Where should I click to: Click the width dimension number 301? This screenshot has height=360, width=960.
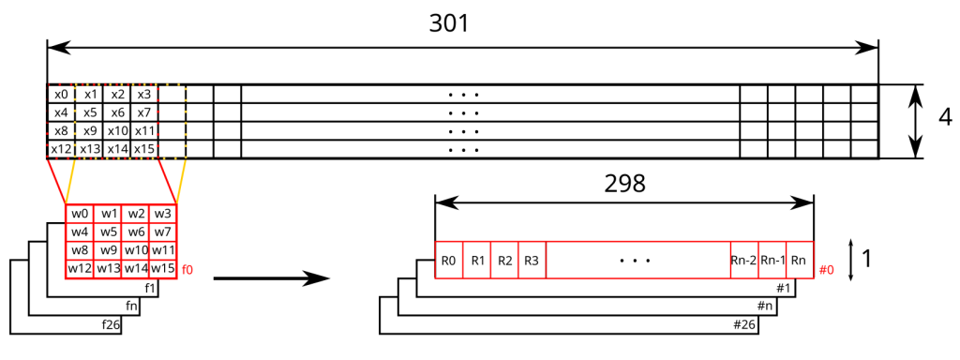[x=449, y=23]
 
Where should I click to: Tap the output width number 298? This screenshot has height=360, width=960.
[x=624, y=183]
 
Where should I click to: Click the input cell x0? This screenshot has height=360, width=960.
[x=60, y=95]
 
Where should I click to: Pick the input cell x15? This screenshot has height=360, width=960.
[x=143, y=149]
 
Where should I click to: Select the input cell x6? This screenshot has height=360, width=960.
[x=116, y=112]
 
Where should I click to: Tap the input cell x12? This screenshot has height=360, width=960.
[x=60, y=149]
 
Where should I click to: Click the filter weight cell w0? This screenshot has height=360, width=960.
[x=80, y=214]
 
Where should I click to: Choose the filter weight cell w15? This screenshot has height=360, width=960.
[x=163, y=269]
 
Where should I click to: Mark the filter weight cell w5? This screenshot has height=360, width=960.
[x=108, y=232]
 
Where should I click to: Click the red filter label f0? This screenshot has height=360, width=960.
[x=187, y=270]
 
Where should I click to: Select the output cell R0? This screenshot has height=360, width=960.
[x=449, y=260]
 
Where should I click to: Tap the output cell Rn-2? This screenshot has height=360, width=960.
[x=743, y=260]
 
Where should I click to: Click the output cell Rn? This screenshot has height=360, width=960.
[x=800, y=260]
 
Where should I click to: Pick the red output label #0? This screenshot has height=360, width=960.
[x=826, y=270]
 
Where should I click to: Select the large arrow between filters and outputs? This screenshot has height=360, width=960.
[x=272, y=277]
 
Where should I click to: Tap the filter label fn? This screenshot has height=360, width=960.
[x=131, y=307]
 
